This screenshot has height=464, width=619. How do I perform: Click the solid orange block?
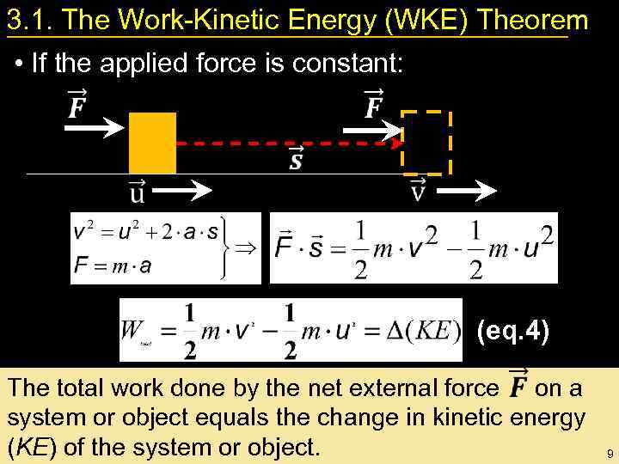click(x=152, y=143)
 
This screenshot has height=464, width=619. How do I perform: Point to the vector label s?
click(x=295, y=161)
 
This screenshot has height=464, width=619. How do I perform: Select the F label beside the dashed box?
click(x=374, y=107)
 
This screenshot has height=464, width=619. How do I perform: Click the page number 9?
click(x=608, y=453)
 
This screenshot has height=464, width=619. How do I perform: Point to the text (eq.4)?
click(x=513, y=331)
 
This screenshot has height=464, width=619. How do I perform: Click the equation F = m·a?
click(x=112, y=266)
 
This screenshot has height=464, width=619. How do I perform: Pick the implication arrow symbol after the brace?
click(x=246, y=249)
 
